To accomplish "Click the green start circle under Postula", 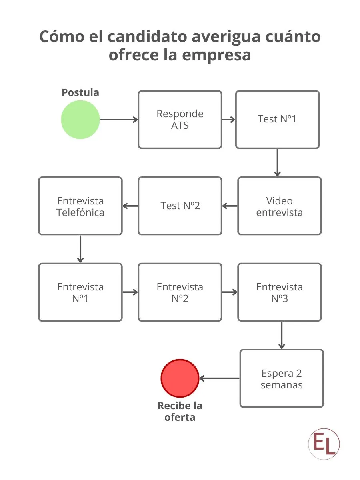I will click(x=80, y=120).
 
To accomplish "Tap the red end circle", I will click(x=180, y=378).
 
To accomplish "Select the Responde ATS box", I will click(x=180, y=120).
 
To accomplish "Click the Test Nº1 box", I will click(x=277, y=120).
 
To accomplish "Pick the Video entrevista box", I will click(x=279, y=206).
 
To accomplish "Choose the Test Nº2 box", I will click(x=180, y=206).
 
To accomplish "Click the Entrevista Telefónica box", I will click(x=80, y=206).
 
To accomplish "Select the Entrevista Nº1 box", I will click(x=80, y=292).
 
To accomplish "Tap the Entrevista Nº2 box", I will click(x=180, y=292).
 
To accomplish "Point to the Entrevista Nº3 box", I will click(x=279, y=292).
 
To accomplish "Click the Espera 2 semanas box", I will click(x=281, y=378).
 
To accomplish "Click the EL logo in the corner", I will click(x=324, y=444).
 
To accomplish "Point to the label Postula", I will click(x=80, y=92).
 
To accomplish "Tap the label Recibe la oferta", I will click(x=180, y=411).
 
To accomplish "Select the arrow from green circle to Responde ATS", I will click(x=119, y=120).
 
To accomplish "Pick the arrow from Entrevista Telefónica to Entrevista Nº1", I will click(x=80, y=249).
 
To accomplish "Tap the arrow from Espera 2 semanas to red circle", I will click(x=219, y=378).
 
